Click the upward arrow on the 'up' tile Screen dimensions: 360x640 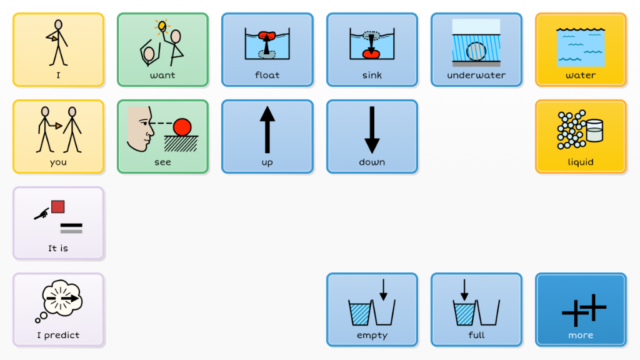point(267,130)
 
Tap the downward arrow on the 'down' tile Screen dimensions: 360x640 point(372,130)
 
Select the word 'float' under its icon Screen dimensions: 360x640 point(267,75)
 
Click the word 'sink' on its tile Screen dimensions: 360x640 point(372,75)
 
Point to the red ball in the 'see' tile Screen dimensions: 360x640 point(182,127)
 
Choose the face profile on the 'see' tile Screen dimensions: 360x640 point(139,129)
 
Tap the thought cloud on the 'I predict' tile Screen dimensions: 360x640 point(61,297)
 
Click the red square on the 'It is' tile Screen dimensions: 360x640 point(58,206)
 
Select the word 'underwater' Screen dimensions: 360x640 point(476,75)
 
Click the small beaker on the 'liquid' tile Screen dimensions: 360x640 point(594,130)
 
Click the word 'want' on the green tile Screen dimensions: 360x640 point(162,75)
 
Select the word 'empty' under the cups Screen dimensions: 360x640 point(372,335)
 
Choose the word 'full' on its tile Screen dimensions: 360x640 point(476,335)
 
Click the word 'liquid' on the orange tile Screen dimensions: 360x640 point(581,162)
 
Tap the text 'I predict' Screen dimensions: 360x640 point(58,335)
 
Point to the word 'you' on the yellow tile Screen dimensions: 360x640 point(58,162)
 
